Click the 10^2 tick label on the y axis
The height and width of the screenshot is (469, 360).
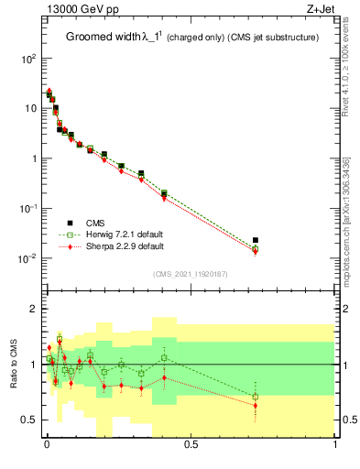click(x=28, y=59)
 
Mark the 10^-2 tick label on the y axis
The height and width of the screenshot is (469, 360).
click(x=28, y=258)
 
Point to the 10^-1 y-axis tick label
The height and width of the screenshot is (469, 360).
click(x=28, y=209)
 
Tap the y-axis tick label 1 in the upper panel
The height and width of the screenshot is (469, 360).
click(x=33, y=158)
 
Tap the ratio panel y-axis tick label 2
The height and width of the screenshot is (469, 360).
click(x=35, y=309)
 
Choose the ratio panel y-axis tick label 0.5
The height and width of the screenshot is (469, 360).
click(x=30, y=420)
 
